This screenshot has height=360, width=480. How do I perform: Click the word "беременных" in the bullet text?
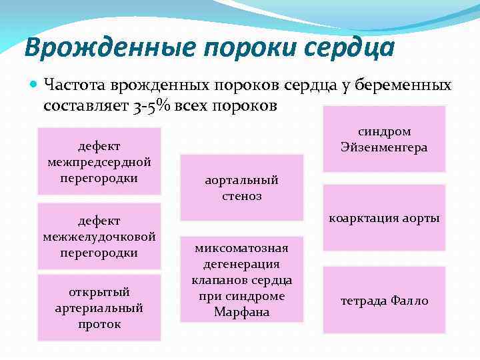[x=400, y=85]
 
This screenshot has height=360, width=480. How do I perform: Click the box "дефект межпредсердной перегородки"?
[x=99, y=161]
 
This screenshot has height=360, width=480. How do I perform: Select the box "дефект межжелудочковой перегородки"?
[x=99, y=236]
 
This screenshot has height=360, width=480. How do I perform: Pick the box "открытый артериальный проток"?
[x=99, y=308]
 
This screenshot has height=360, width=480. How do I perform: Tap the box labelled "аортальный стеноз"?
[x=241, y=188]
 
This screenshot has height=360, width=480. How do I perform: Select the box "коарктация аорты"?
[x=384, y=218]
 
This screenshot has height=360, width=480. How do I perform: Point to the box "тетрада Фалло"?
[x=384, y=301]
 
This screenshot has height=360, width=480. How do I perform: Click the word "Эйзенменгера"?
[x=384, y=147]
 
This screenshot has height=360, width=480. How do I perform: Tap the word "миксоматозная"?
[x=241, y=248]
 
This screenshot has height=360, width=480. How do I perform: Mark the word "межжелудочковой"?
[x=99, y=236]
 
